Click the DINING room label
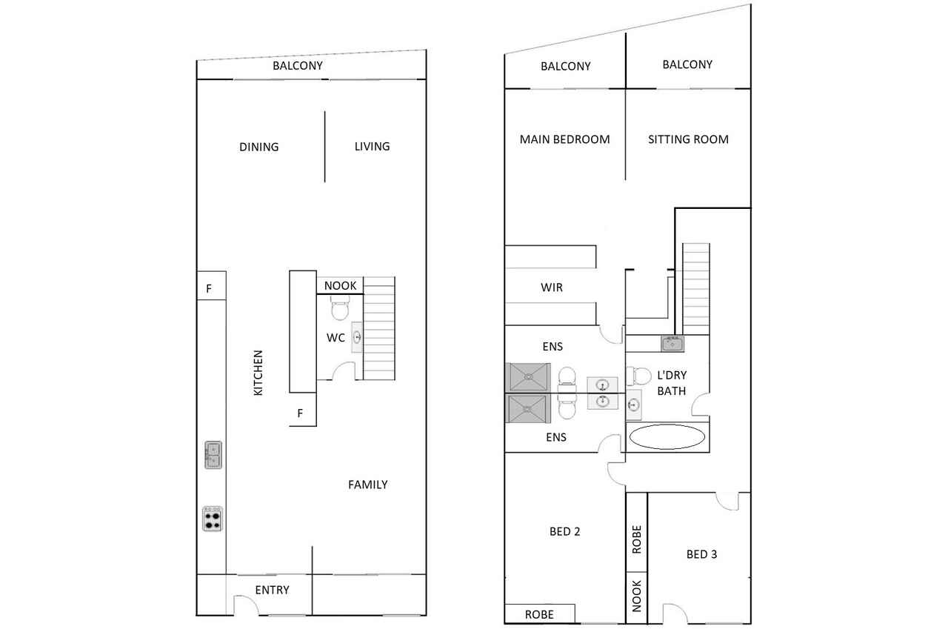click(x=259, y=147)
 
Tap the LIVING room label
click(x=372, y=147)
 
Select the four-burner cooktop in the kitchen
click(x=213, y=519)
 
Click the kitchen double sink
click(x=213, y=455)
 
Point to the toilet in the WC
click(x=340, y=307)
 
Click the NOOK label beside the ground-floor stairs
click(x=340, y=286)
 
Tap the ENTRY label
click(x=272, y=590)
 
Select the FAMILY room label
click(x=368, y=485)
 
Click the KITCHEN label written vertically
click(x=258, y=373)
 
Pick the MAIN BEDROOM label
click(x=564, y=139)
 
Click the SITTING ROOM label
click(x=688, y=139)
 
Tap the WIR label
click(x=552, y=287)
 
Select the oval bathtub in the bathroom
click(x=667, y=436)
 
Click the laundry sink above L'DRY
click(x=672, y=344)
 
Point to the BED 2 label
click(x=564, y=532)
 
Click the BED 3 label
click(x=701, y=554)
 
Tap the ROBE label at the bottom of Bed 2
click(x=539, y=615)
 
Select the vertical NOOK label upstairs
click(x=636, y=596)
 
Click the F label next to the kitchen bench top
click(x=209, y=289)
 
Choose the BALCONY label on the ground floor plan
click(x=298, y=66)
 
